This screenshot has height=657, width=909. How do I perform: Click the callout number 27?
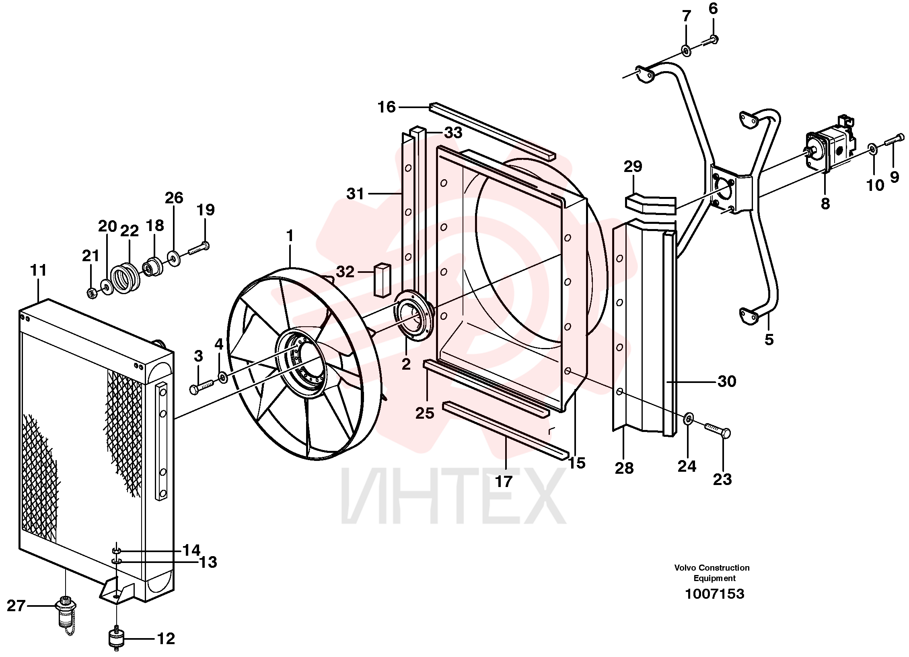16,606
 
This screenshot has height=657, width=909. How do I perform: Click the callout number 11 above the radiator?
39,270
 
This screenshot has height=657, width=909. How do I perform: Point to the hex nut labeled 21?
92,293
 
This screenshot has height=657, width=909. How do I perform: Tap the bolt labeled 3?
201,387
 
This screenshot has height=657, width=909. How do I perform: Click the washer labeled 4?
222,377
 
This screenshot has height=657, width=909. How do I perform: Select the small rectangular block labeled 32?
383,280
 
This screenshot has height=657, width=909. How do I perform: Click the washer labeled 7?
686,50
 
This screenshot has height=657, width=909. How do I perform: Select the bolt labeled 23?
717,430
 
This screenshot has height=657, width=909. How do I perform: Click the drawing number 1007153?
714,594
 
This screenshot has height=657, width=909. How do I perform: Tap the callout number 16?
387,107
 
